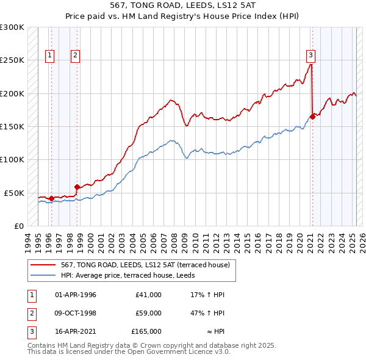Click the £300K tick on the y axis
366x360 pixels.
pyautogui.click(x=12, y=27)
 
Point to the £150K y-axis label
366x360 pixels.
pyautogui.click(x=12, y=126)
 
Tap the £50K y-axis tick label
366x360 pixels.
pyautogui.click(x=14, y=192)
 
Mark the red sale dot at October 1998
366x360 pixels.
pyautogui.click(x=77, y=187)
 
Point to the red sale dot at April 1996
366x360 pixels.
pyautogui.click(x=51, y=198)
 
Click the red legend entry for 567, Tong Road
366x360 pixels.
pyautogui.click(x=145, y=265)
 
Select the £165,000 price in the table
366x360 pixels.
pyautogui.click(x=146, y=331)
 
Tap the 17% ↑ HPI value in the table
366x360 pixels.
pyautogui.click(x=207, y=295)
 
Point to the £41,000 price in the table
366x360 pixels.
pyautogui.click(x=148, y=295)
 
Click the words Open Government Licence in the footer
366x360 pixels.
pyautogui.click(x=160, y=352)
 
